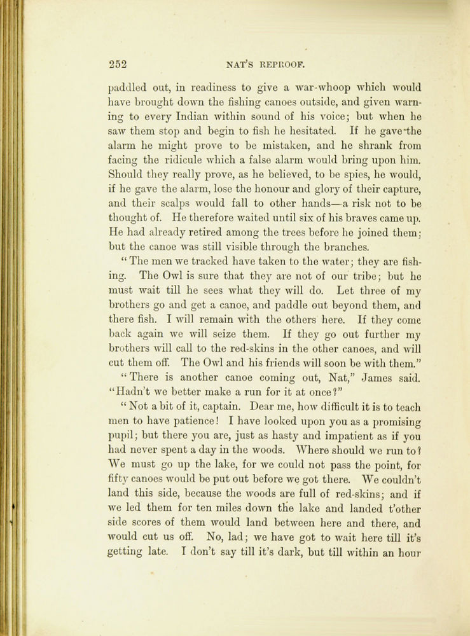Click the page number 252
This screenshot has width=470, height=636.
pyautogui.click(x=118, y=64)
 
